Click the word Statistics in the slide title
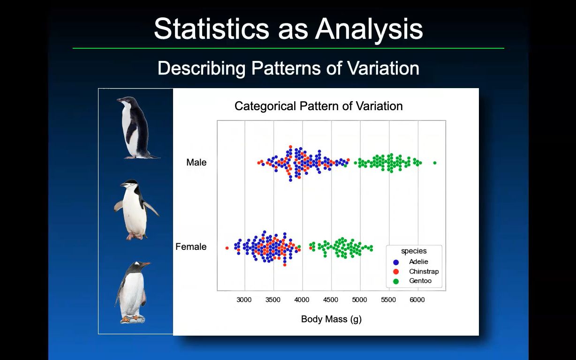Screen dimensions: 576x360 click(x=212, y=29)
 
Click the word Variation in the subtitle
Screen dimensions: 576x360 click(x=383, y=68)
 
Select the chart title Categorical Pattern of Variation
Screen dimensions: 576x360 click(x=318, y=106)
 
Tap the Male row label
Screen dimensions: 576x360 click(x=196, y=162)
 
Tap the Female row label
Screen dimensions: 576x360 click(x=191, y=247)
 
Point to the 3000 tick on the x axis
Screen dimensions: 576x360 click(x=244, y=300)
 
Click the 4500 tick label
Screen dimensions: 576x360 click(x=331, y=300)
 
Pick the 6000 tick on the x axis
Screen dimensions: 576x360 click(x=417, y=300)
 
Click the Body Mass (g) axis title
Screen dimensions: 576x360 click(x=331, y=319)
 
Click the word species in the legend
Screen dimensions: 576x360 click(x=414, y=251)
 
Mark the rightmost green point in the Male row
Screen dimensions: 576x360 click(x=435, y=163)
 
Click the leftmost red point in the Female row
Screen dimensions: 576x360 click(x=227, y=248)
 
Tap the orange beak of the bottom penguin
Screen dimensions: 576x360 click(x=146, y=263)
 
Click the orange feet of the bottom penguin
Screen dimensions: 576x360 click(x=130, y=319)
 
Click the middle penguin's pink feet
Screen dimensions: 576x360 click(x=134, y=236)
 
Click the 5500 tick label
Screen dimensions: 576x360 click(x=388, y=300)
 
